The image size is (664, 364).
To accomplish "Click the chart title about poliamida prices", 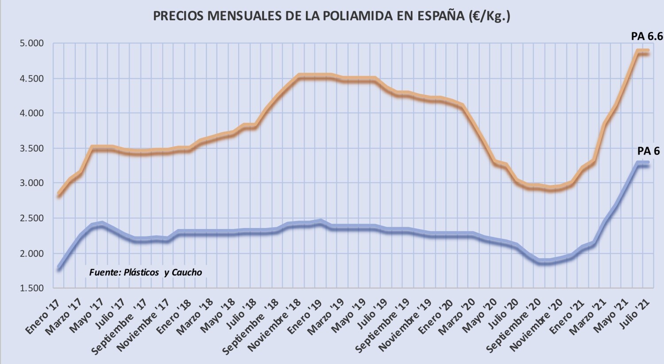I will [x=332, y=16].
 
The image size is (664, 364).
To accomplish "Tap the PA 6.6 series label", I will [x=647, y=36].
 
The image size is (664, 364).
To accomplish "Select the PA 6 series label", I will [x=648, y=151].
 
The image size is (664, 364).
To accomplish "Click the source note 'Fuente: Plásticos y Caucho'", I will [x=146, y=272].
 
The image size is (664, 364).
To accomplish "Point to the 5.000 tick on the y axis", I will [x=32, y=43].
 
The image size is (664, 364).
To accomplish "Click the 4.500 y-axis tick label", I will [x=32, y=78].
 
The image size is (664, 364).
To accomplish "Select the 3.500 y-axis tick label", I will [x=32, y=148].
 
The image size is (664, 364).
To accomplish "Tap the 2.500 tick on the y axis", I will [x=32, y=218].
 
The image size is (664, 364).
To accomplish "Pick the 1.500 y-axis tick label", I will [x=32, y=288].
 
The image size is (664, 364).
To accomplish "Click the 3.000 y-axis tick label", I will [x=32, y=183].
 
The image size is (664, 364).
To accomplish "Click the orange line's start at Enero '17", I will [x=59, y=194].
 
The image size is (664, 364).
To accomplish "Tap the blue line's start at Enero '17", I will [x=59, y=268].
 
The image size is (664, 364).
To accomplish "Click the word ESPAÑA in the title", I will [x=440, y=16].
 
